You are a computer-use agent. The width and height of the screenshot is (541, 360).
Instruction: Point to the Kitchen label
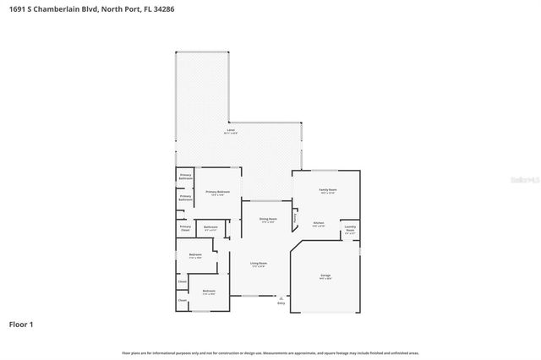pos(319,224)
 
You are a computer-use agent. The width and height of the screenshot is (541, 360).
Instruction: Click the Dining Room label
pos(267,220)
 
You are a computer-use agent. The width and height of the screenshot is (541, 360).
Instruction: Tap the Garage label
pos(325,276)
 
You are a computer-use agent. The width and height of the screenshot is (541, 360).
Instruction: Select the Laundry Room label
pos(349,228)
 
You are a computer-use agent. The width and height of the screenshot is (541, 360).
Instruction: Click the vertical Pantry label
pos(295,218)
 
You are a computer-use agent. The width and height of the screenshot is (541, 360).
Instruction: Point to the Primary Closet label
pos(185,227)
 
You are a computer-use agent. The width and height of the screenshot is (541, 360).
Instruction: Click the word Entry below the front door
pos(281,303)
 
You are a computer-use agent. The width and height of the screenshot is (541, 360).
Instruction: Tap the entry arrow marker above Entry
pos(281,297)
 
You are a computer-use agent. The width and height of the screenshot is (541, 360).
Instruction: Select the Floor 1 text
pos(21,324)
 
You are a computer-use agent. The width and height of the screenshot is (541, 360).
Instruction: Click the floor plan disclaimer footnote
pos(270,352)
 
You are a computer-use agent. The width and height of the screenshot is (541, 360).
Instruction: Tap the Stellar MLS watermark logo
pos(525,180)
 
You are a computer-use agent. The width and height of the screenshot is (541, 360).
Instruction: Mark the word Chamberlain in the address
pos(53,8)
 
